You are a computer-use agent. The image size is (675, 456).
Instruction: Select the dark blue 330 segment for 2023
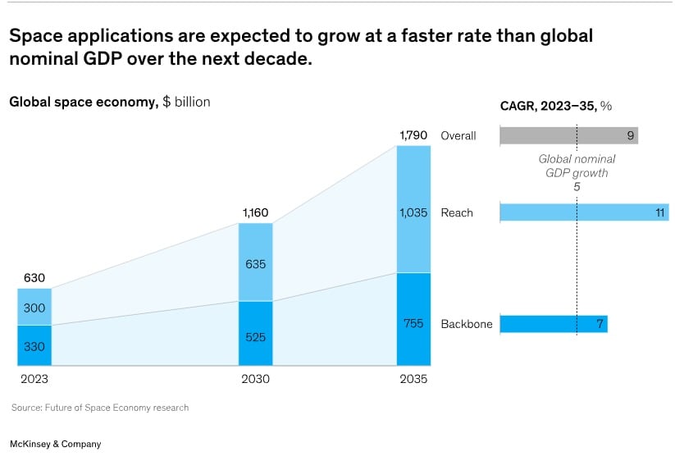point(34,346)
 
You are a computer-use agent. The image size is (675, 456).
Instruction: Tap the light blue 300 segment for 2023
point(34,307)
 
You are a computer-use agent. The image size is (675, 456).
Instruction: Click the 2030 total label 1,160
point(255,213)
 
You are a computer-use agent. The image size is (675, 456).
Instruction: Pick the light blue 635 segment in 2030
point(255,265)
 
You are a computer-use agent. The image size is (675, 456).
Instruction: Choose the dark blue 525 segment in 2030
point(255,337)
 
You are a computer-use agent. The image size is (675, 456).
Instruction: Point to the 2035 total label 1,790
point(413,135)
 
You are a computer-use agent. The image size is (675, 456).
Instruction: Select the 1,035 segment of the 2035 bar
point(413,212)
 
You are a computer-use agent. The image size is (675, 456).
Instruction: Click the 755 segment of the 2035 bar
point(413,323)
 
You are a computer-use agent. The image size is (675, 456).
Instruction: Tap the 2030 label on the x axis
point(255,380)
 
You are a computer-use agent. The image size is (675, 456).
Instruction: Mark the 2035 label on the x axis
point(413,380)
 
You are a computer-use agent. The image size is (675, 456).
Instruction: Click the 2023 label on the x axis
point(34,380)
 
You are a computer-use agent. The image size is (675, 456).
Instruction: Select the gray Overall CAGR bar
point(568,136)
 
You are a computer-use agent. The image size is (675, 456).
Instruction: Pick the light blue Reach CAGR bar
point(584,213)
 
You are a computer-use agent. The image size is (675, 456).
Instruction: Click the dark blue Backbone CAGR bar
point(553,324)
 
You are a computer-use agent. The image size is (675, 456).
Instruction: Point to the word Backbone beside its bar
point(467,324)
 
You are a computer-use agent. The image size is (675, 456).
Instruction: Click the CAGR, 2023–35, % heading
point(556,105)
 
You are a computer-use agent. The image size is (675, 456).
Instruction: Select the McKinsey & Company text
point(56,444)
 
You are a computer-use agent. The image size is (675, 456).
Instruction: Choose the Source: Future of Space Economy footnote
point(100,408)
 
